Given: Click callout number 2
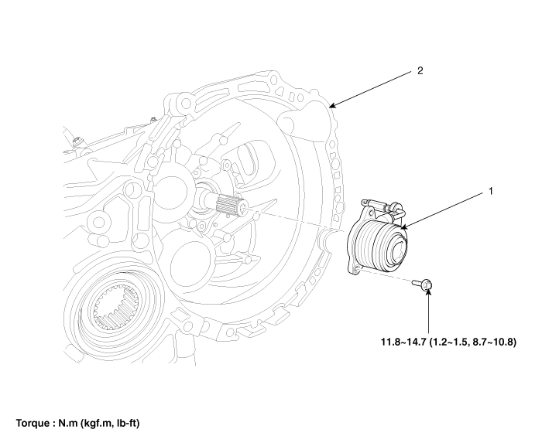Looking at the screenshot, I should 419,70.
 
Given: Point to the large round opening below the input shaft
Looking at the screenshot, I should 186,254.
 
